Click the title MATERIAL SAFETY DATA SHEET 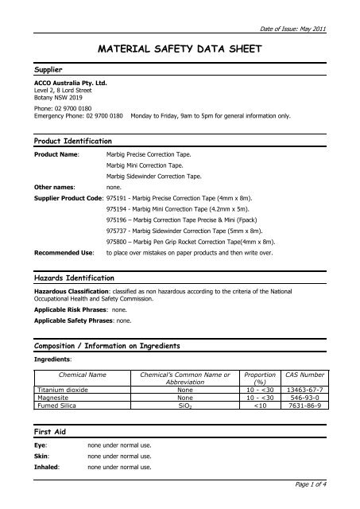coord(180,50)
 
